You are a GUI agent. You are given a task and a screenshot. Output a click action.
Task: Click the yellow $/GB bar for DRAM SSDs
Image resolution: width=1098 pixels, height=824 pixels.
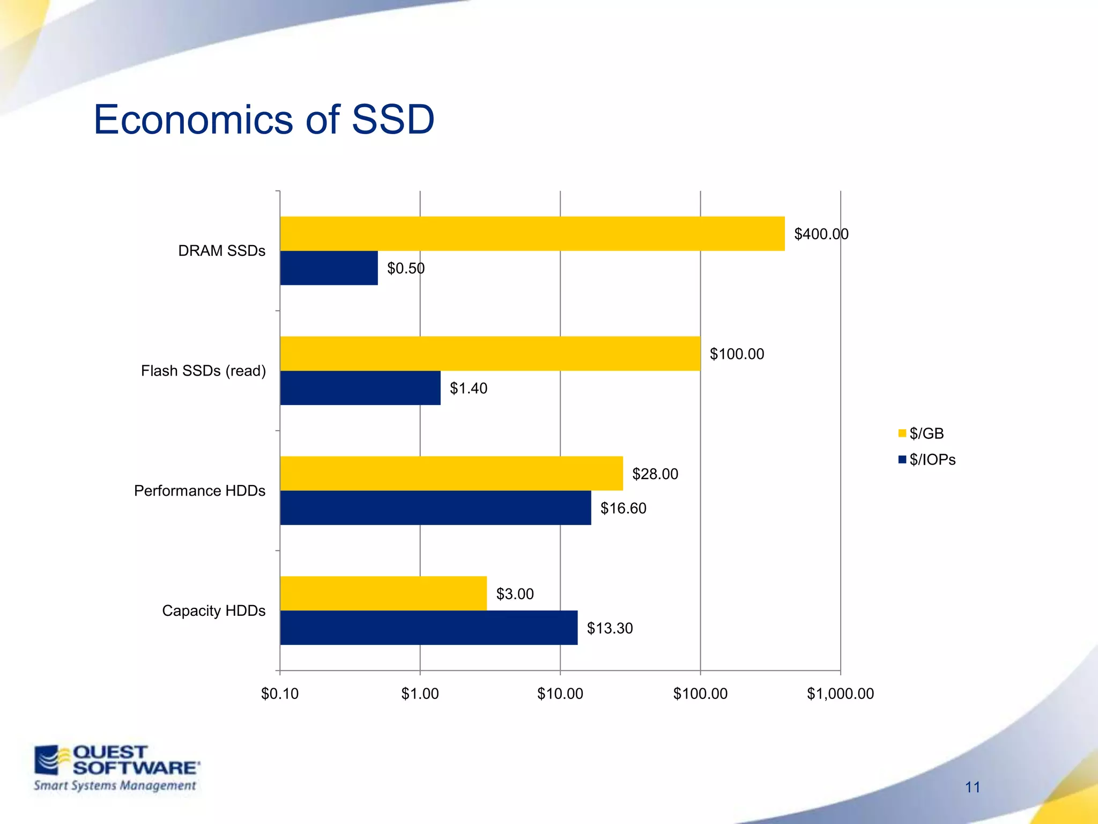pos(532,234)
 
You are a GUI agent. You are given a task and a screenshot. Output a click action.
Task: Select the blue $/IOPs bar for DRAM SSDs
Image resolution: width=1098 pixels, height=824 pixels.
pos(329,268)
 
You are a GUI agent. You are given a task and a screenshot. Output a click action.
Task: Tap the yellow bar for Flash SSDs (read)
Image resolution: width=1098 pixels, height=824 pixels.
pos(490,354)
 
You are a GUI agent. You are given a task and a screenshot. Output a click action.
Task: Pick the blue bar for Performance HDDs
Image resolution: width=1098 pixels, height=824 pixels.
pos(435,508)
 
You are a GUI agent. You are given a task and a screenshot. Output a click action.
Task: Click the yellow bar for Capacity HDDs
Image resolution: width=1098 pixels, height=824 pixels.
pos(383,593)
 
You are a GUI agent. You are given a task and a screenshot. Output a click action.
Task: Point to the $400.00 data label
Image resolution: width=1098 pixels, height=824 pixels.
pos(821,234)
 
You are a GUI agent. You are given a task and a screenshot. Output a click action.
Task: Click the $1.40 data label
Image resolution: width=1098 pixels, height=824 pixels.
pos(468,388)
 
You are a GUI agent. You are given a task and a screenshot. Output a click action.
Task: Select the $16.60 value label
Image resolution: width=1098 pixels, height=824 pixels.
pos(623,509)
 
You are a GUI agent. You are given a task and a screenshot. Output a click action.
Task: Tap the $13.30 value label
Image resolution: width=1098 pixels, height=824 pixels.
pos(610,628)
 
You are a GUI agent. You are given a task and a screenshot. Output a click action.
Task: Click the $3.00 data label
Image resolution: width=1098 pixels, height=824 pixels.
pos(515,594)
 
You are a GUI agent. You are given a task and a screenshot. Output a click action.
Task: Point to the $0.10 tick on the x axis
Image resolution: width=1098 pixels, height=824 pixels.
pos(280,694)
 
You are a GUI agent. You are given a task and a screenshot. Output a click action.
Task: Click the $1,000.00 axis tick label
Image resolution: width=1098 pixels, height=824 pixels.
pos(840,694)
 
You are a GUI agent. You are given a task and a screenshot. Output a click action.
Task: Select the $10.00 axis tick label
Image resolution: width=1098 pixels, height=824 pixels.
pos(560,694)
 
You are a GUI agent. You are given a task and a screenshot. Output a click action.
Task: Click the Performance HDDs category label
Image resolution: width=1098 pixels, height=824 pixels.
pos(199,491)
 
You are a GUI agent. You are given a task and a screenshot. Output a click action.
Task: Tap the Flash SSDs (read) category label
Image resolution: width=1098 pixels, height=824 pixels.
pos(203,371)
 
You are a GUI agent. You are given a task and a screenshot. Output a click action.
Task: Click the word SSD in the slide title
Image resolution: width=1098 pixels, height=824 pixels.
pos(392,119)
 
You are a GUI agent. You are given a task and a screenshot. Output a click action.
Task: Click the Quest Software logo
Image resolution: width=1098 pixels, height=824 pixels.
pos(116,768)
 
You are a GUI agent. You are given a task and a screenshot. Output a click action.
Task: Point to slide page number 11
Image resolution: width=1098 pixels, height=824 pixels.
pos(973,787)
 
